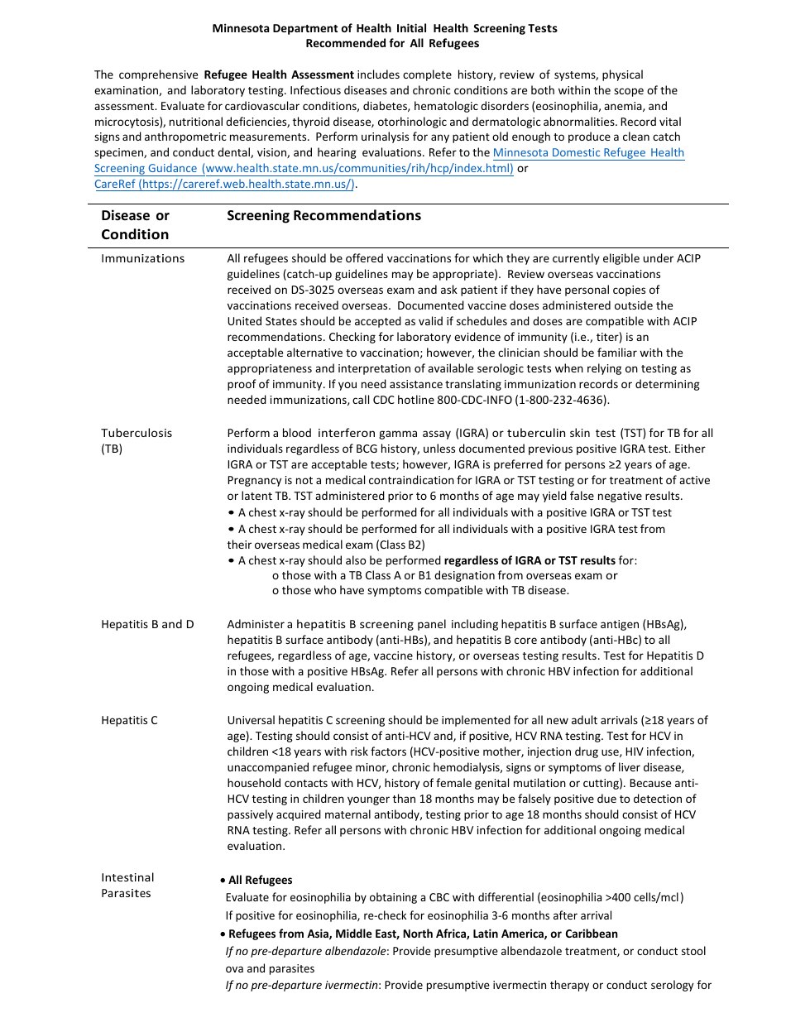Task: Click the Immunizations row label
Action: [x=142, y=258]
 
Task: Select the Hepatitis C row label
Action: [x=129, y=720]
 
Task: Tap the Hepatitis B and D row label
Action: [x=147, y=624]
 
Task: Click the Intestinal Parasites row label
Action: [x=127, y=886]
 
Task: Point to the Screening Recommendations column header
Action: [x=324, y=216]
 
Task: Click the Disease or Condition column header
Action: [x=135, y=225]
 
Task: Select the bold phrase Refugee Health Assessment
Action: [x=279, y=74]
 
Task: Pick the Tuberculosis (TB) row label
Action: [x=137, y=440]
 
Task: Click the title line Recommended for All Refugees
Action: [x=392, y=43]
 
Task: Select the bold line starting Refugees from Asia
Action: [x=423, y=934]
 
